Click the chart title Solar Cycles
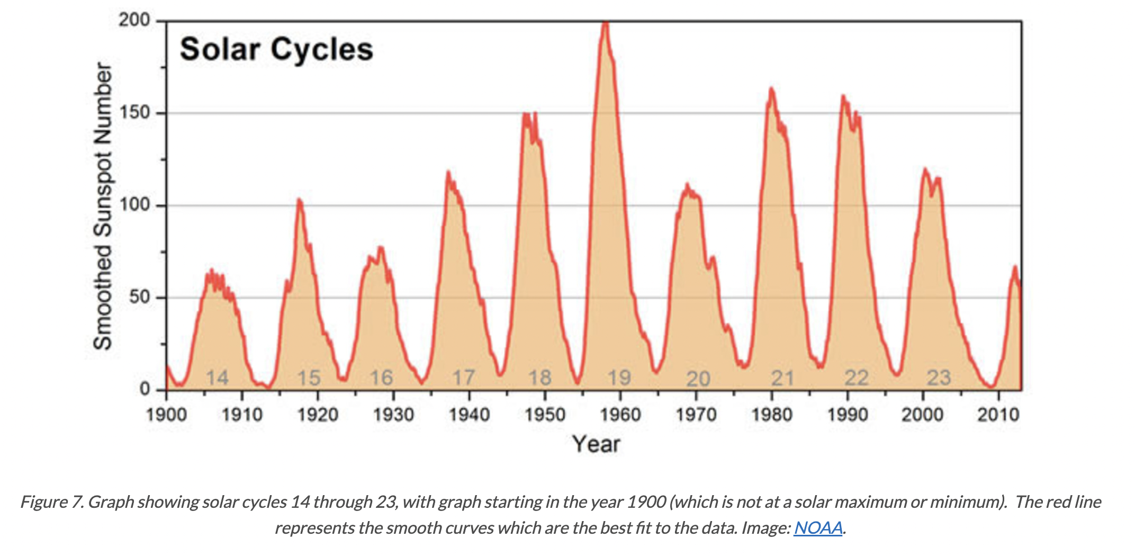click(x=276, y=50)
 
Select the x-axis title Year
click(x=596, y=444)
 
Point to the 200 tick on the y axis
click(x=134, y=21)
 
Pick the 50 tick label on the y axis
click(x=139, y=297)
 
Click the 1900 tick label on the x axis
click(x=166, y=414)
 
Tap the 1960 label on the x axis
click(x=620, y=414)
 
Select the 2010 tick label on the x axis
click(x=998, y=414)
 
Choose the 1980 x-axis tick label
click(x=772, y=414)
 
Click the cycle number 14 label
click(x=217, y=378)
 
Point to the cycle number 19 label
click(x=619, y=378)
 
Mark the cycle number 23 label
click(x=939, y=378)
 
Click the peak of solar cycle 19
click(x=606, y=22)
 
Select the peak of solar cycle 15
click(x=299, y=200)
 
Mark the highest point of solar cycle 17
click(x=448, y=172)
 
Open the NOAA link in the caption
click(x=818, y=528)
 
